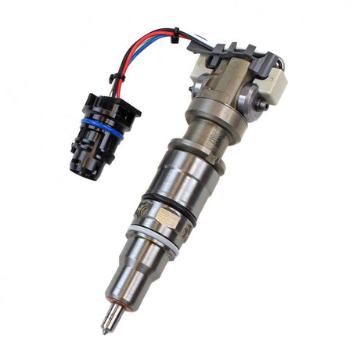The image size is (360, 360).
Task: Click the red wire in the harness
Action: tap(149, 34)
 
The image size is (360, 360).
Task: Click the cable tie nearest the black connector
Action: tap(115, 77)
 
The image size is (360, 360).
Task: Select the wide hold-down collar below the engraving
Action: tap(188, 153)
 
